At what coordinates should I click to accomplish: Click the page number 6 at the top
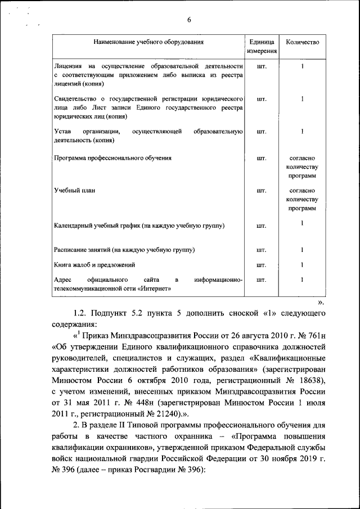point(189,20)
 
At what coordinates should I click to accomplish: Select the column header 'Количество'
point(302,42)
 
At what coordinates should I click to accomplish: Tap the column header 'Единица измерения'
point(261,47)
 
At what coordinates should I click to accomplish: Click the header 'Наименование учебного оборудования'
point(149,42)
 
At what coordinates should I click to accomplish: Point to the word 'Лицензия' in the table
point(66,65)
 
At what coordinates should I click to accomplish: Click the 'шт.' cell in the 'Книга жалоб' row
point(261,264)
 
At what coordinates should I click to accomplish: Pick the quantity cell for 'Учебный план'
point(302,199)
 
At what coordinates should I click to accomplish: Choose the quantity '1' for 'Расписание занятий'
point(302,250)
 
